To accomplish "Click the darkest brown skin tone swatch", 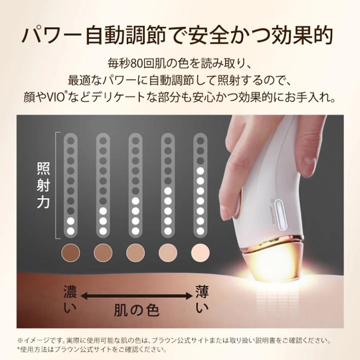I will click(x=71, y=252).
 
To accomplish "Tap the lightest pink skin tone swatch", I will click(x=201, y=252).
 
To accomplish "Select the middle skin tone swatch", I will click(x=135, y=252).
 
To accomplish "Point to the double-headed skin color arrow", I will click(x=137, y=296).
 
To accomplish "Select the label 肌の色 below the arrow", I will click(x=136, y=311).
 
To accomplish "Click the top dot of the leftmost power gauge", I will click(x=71, y=141).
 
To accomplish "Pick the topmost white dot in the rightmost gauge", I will click(x=201, y=171).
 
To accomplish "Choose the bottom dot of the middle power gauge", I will click(x=135, y=231).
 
